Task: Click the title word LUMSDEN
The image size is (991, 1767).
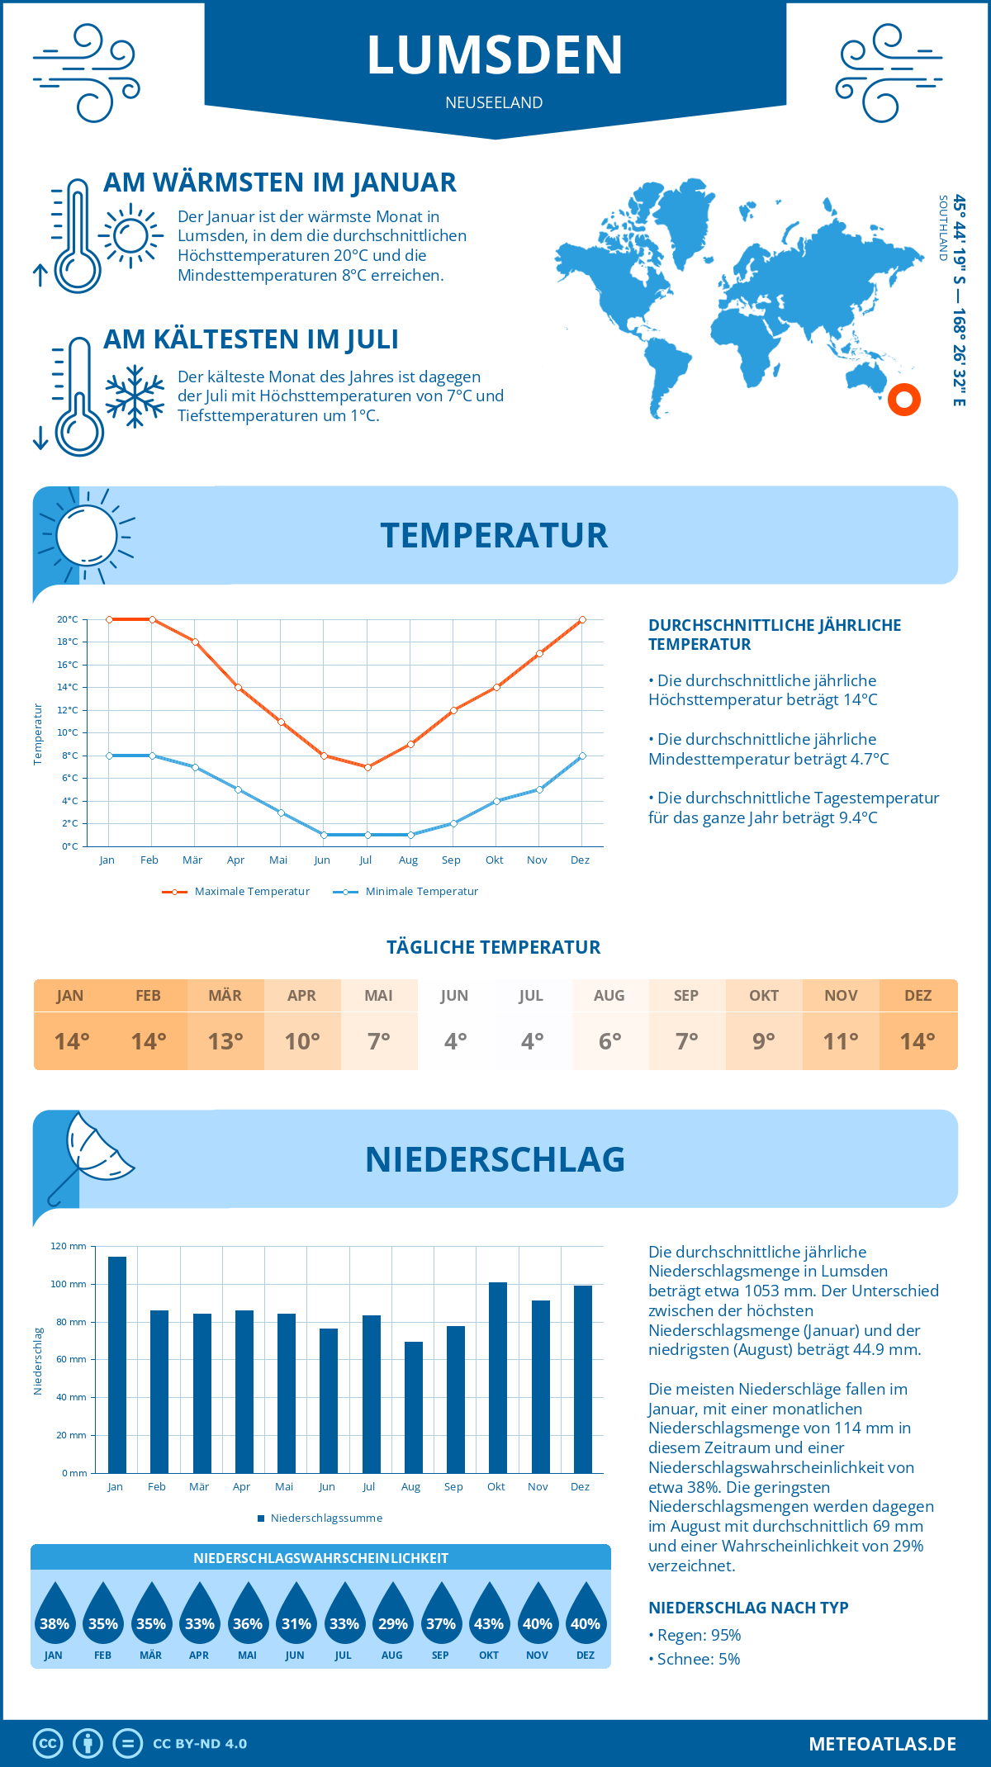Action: tap(495, 55)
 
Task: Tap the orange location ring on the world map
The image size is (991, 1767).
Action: tap(904, 400)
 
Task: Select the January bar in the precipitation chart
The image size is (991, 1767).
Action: tap(117, 1364)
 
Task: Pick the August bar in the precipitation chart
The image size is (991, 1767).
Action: tap(414, 1407)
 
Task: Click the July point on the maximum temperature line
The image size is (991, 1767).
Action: tap(367, 767)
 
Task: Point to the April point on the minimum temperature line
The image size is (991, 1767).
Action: tap(238, 790)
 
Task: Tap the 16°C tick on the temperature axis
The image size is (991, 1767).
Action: tap(68, 665)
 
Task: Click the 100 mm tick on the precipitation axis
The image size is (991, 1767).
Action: tap(68, 1284)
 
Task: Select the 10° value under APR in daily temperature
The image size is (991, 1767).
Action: tap(302, 1041)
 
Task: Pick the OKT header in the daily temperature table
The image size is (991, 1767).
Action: tap(764, 996)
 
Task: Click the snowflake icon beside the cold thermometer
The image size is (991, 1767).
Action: tap(135, 396)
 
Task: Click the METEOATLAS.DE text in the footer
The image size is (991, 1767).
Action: tap(882, 1744)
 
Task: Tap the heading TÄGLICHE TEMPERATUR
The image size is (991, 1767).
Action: tap(494, 948)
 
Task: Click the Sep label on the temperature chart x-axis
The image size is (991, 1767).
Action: tap(451, 860)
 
